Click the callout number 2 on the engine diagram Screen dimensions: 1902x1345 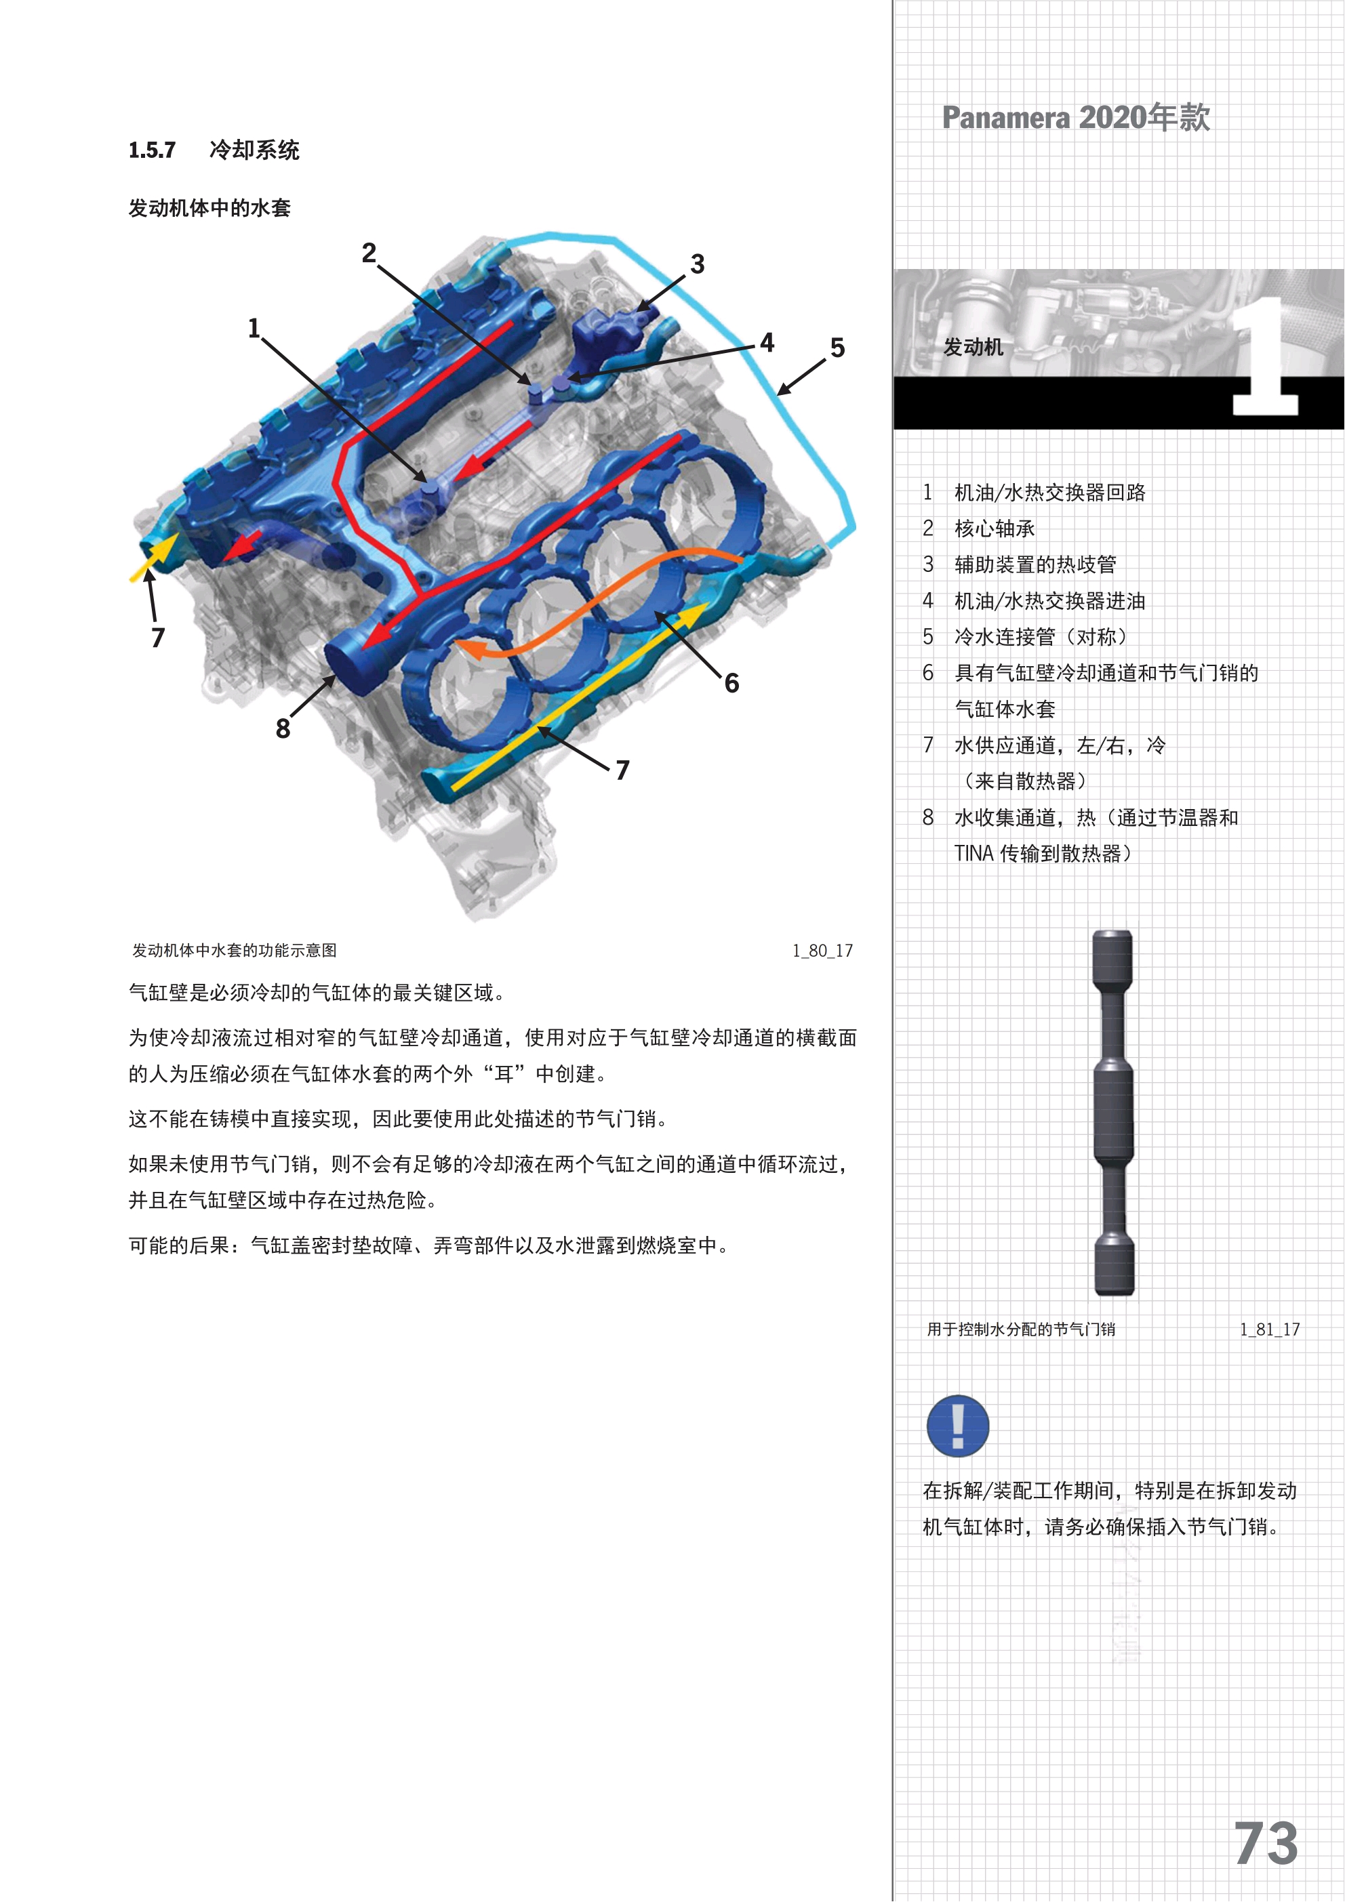(369, 253)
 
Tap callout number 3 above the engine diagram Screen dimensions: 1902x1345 (698, 264)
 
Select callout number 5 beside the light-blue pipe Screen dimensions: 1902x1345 (838, 348)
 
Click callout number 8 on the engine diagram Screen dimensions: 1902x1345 (283, 729)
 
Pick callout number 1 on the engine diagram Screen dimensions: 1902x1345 (254, 328)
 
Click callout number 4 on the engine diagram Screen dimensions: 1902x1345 (767, 342)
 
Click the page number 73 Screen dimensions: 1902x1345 (1266, 1844)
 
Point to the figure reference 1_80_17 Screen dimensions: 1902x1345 (822, 951)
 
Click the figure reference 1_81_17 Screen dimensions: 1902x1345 (1270, 1329)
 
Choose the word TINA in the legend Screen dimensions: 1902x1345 (973, 854)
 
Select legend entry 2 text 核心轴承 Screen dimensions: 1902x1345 (995, 529)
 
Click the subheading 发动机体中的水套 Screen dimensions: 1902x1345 (209, 208)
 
